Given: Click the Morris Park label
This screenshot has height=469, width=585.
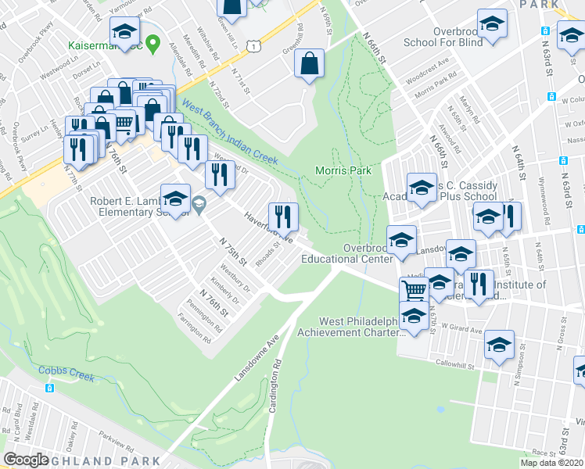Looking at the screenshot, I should pyautogui.click(x=343, y=170).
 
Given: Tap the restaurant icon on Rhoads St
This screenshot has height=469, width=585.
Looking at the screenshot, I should pyautogui.click(x=283, y=215).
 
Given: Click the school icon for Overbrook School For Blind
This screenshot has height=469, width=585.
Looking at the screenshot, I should pyautogui.click(x=492, y=24).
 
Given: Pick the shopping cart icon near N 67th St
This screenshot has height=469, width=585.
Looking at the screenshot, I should pyautogui.click(x=415, y=290).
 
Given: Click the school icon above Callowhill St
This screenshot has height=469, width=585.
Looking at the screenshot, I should pyautogui.click(x=499, y=345).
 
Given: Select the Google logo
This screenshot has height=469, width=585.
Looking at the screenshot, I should pyautogui.click(x=27, y=459).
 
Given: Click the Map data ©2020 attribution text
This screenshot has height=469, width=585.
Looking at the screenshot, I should pyautogui.click(x=551, y=463).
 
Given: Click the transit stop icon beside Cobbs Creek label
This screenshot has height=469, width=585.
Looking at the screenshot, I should pyautogui.click(x=49, y=388).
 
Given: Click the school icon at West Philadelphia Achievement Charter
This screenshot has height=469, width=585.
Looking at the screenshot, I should pyautogui.click(x=414, y=317).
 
